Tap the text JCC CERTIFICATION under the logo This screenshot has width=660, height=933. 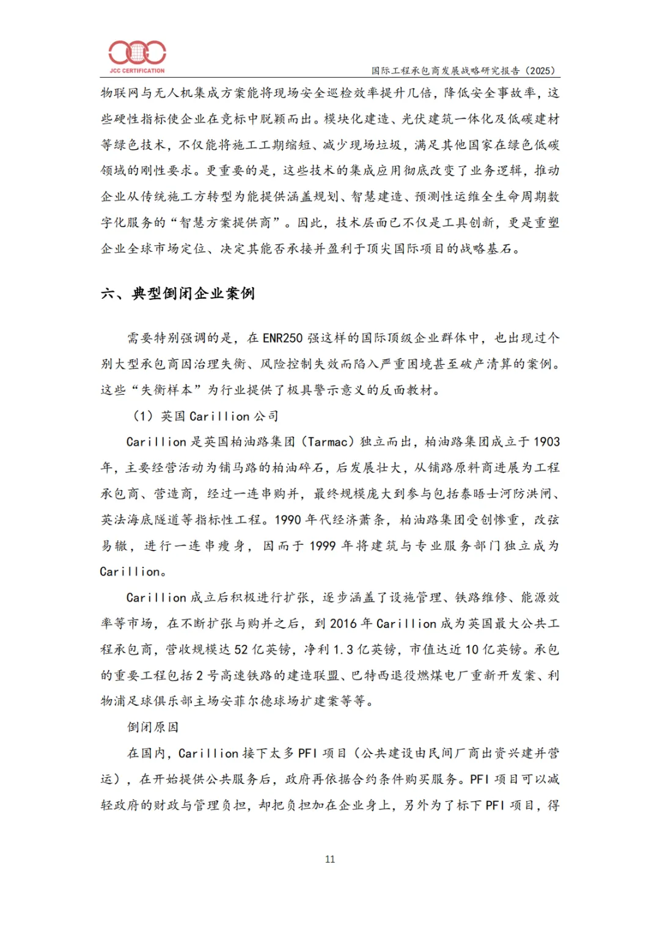coord(137,71)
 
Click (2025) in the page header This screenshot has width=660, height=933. coord(541,71)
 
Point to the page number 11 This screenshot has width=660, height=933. coord(330,859)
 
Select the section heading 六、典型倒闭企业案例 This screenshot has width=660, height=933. coord(178,294)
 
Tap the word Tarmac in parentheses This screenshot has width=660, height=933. coord(329,442)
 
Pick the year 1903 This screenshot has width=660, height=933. coord(546,442)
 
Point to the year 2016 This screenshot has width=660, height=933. coord(343,624)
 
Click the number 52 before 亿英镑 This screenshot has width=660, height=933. coord(241,649)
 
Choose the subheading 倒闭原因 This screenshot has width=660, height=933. coord(153,727)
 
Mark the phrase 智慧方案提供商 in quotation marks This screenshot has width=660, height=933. coord(225,223)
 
